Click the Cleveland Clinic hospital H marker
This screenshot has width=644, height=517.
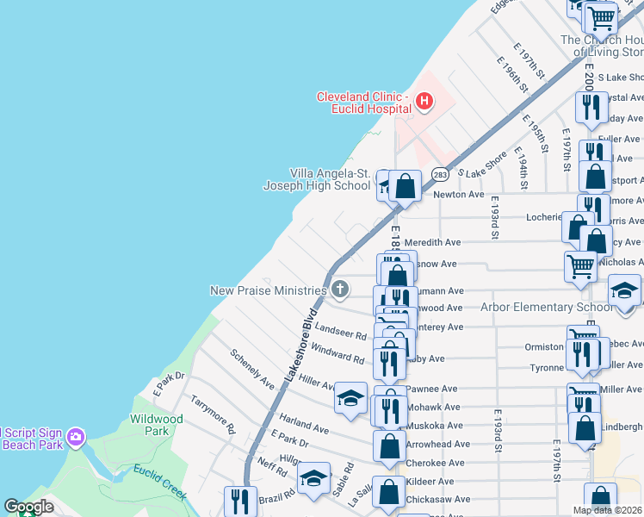(424, 103)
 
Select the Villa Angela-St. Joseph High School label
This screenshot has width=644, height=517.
(316, 178)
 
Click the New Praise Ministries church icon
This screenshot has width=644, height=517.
(340, 290)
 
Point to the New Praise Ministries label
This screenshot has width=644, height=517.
(268, 290)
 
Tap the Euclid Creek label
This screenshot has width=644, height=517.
(160, 481)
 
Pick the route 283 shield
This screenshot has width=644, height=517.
(440, 174)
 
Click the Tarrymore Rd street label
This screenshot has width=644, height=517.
(213, 414)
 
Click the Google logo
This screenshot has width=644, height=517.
(28, 507)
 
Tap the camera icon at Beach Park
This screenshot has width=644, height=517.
(76, 438)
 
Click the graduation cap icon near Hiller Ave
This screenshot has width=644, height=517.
(350, 397)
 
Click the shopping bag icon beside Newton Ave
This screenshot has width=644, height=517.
(405, 185)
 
